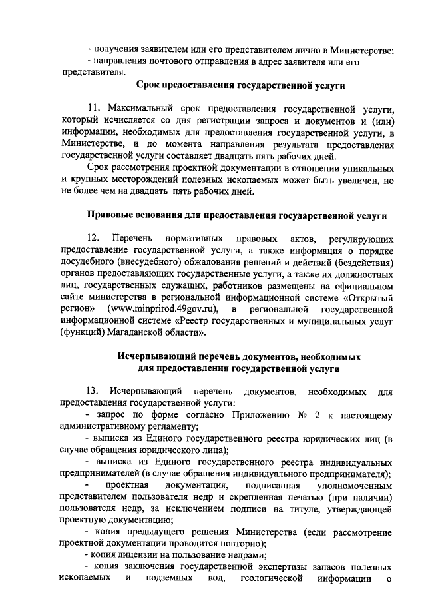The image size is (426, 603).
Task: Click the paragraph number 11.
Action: click(93, 109)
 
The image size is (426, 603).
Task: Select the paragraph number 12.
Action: click(93, 238)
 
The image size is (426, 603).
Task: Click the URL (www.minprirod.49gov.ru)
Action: click(166, 310)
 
